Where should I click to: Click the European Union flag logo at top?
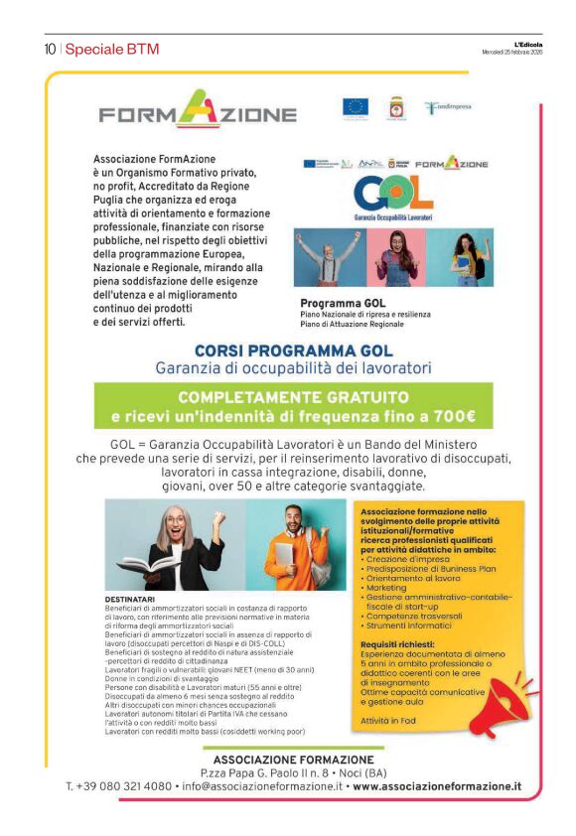click(355, 107)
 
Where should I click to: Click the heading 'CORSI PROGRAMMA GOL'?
click(293, 350)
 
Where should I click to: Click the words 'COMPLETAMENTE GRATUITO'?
click(293, 398)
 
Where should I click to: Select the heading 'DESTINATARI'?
click(129, 599)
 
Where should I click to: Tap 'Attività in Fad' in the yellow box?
click(388, 719)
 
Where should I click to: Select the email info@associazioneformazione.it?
click(260, 786)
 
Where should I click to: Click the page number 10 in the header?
click(49, 50)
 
